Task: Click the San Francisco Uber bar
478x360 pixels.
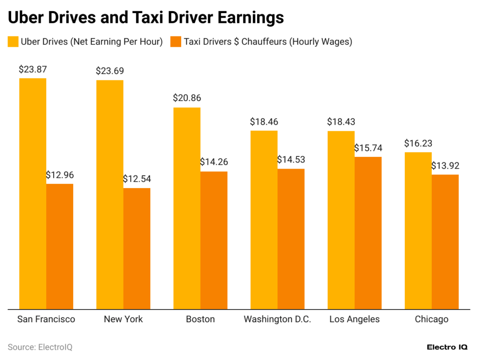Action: point(32,193)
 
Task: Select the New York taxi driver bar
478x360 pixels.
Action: point(137,248)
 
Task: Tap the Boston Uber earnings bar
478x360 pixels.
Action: point(187,208)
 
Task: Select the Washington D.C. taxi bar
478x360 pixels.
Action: point(291,239)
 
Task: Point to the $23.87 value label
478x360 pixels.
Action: point(33,70)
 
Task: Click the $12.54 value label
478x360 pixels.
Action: point(137,179)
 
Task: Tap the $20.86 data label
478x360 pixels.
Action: point(187,99)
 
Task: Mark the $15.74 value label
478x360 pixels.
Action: point(368,148)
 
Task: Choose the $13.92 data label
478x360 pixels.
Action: point(445,166)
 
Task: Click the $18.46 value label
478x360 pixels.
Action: point(264,122)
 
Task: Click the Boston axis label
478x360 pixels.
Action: point(200,319)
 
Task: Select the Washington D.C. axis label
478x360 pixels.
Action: point(277,319)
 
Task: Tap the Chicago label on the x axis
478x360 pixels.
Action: point(431,319)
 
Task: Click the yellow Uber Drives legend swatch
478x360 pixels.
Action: point(13,42)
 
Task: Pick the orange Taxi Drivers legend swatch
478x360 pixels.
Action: point(176,42)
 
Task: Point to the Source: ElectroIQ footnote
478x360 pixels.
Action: point(40,347)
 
